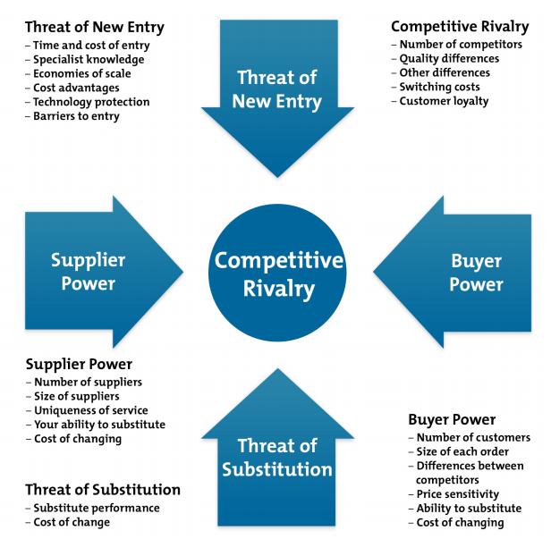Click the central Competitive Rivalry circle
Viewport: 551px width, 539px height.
coord(277,274)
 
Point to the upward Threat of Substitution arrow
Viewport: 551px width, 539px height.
coord(277,451)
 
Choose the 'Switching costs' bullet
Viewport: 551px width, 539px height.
coord(439,88)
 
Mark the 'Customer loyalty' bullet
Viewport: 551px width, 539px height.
coord(444,102)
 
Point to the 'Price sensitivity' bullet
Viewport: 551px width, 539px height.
coord(457,494)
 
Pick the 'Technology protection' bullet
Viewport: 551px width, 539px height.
coord(91,102)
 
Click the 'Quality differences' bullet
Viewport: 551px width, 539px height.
coord(448,59)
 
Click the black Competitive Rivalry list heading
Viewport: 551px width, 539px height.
coord(460,26)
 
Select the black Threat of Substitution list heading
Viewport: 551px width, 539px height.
coord(103,490)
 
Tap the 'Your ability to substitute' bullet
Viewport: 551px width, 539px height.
coord(98,425)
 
